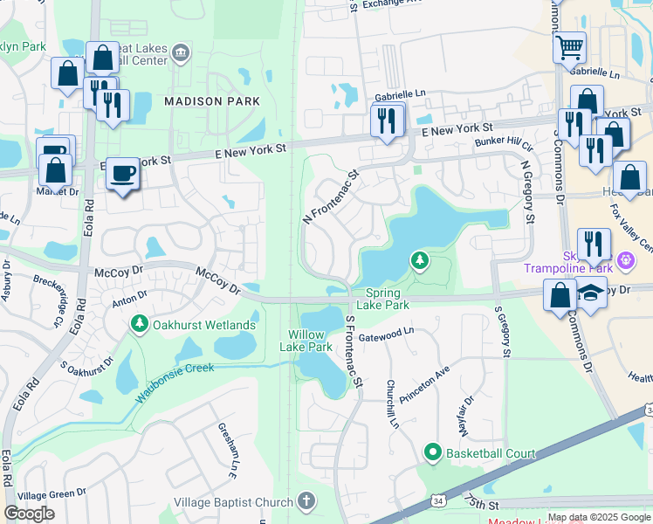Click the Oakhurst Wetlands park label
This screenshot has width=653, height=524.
point(204,326)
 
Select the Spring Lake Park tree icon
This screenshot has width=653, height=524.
point(420,260)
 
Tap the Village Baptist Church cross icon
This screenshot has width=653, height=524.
point(306,501)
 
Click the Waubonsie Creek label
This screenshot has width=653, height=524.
point(175,382)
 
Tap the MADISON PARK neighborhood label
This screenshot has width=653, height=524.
point(212,101)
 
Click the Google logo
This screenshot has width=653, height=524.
point(29,514)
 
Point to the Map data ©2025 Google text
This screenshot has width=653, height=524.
point(600,518)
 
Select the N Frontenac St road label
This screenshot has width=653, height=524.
point(331,197)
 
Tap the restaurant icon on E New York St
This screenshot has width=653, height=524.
point(387,121)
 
